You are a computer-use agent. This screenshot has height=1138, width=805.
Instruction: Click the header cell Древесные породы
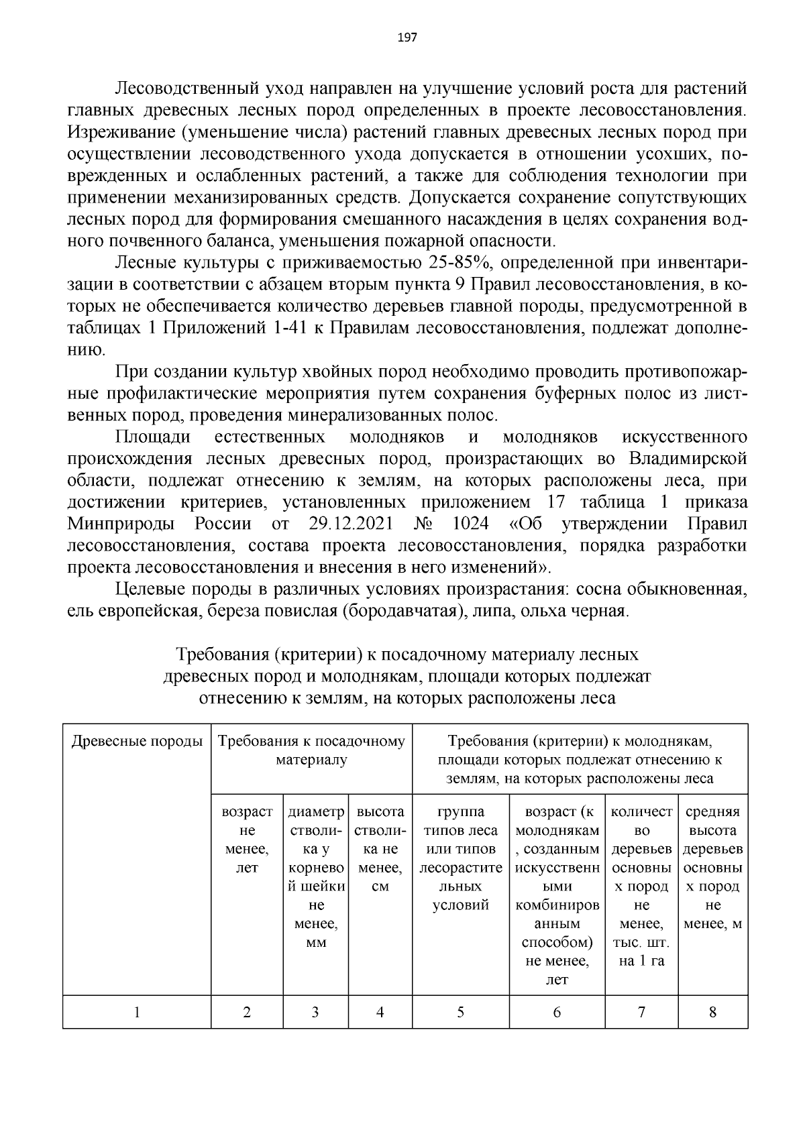click(x=137, y=742)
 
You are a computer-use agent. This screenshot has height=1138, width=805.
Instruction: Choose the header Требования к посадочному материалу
click(x=311, y=750)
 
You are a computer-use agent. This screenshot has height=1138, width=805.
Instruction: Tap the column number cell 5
click(x=460, y=1013)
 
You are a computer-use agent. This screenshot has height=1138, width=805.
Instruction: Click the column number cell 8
click(x=712, y=1013)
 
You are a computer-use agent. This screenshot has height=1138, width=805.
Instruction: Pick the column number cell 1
click(x=137, y=1013)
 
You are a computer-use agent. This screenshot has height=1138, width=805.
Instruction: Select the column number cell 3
click(x=315, y=1013)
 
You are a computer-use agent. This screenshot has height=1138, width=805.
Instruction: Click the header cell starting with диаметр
click(x=315, y=877)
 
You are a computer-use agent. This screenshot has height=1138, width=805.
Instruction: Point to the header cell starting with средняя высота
click(x=712, y=868)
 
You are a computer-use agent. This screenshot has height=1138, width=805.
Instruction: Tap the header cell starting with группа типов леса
click(x=460, y=858)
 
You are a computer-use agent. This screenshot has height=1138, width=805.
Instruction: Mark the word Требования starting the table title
click(x=221, y=654)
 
